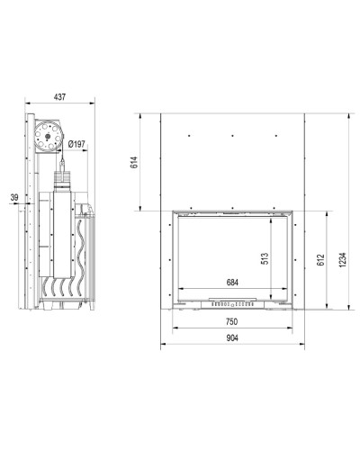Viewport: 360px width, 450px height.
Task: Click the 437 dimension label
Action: pos(59,97)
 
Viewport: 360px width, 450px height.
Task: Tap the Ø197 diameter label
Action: pos(76,144)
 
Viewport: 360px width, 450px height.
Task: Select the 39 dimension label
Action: pos(14,197)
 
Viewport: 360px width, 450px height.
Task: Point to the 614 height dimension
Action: pos(134,162)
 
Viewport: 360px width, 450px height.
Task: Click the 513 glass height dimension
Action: pos(265,258)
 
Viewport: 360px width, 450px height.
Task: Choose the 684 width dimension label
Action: pos(232,283)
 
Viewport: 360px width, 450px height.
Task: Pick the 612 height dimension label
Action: pos(320,261)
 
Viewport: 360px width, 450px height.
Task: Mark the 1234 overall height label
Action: pos(343,260)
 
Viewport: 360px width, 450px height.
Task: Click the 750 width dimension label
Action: pos(232,321)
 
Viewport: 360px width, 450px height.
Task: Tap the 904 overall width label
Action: pos(232,337)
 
